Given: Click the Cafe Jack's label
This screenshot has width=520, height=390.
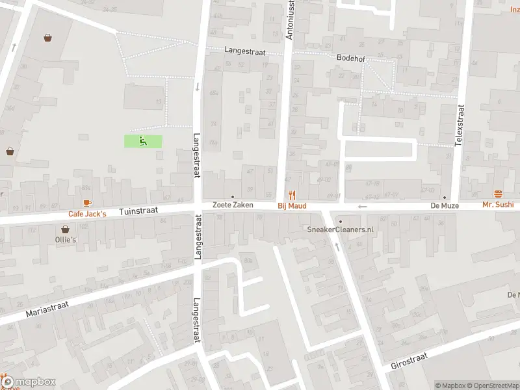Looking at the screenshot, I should coord(87,214).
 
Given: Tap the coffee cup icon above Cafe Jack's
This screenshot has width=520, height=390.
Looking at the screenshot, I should coord(87,203).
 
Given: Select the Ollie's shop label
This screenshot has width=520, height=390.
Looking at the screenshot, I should coord(65,240).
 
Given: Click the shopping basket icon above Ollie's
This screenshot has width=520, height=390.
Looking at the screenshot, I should coord(65,229).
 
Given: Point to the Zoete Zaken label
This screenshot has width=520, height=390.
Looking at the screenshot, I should coord(232,205).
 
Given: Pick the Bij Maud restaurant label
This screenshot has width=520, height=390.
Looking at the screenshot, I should coord(291,205).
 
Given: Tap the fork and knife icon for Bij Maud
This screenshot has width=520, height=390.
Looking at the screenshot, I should coord(292,194).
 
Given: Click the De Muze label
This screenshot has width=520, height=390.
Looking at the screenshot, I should coord(445,205).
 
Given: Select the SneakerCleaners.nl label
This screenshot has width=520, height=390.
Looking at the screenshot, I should coord(340,229).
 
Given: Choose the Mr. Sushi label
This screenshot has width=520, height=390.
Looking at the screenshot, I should coord(498,205).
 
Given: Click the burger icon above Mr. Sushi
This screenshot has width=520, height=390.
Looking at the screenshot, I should coord(499,194).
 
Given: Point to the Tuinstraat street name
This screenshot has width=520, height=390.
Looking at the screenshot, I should coord(138,212).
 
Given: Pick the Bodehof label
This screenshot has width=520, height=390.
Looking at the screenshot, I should coord(351,58).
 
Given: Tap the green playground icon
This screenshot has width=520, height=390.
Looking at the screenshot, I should coord(143,140).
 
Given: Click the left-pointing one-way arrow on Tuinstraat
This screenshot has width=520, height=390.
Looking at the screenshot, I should coord(362,207).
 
